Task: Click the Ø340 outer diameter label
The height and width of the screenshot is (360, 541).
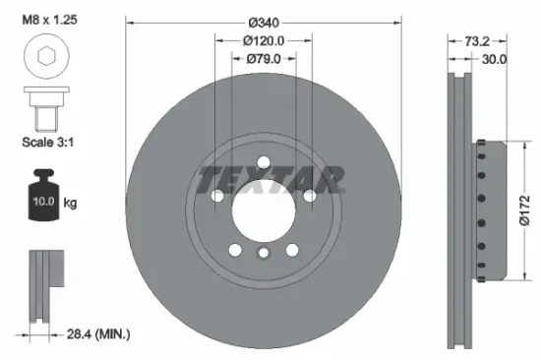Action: tap(263, 22)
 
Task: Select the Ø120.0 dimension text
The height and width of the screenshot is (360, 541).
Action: tap(263, 40)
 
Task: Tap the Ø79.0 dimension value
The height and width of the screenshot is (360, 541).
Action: tap(263, 59)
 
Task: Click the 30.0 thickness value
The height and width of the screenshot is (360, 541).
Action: tap(495, 59)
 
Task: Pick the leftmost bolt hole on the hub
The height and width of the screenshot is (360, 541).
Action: tap(216, 195)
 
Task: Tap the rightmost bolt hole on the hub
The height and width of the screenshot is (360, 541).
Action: tap(309, 195)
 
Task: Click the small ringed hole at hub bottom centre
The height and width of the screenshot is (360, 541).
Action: tap(263, 254)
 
